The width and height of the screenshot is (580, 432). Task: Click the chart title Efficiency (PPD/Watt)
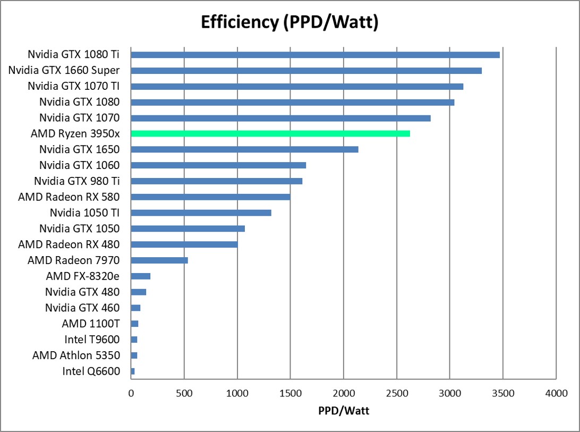click(x=289, y=22)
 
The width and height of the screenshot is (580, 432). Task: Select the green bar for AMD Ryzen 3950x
click(x=270, y=133)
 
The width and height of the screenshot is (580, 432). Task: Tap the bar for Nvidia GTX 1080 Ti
click(x=315, y=54)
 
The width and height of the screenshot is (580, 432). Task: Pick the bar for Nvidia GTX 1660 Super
click(x=306, y=70)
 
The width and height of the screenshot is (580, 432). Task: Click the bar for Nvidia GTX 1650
click(x=244, y=149)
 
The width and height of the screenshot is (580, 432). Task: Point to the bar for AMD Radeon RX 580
click(x=210, y=197)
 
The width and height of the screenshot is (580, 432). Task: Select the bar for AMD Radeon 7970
click(x=159, y=260)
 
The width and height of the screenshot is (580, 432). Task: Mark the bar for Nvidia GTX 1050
click(x=187, y=228)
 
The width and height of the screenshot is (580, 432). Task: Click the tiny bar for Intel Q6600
click(x=133, y=371)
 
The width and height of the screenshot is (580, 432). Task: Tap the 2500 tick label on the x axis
click(x=396, y=394)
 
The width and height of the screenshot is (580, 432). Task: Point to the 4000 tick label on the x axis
click(x=556, y=394)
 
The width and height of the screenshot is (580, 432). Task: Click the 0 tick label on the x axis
click(x=131, y=394)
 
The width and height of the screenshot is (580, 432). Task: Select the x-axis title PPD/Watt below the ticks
click(x=343, y=411)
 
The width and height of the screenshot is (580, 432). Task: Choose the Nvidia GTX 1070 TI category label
click(x=73, y=86)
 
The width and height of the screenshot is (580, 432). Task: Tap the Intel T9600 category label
click(x=92, y=340)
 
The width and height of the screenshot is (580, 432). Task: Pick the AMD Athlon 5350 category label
click(x=76, y=355)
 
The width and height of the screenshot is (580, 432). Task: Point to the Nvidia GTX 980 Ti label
click(x=76, y=181)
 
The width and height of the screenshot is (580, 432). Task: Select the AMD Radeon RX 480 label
click(x=69, y=244)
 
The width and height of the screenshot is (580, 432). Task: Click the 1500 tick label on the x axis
click(x=290, y=394)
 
